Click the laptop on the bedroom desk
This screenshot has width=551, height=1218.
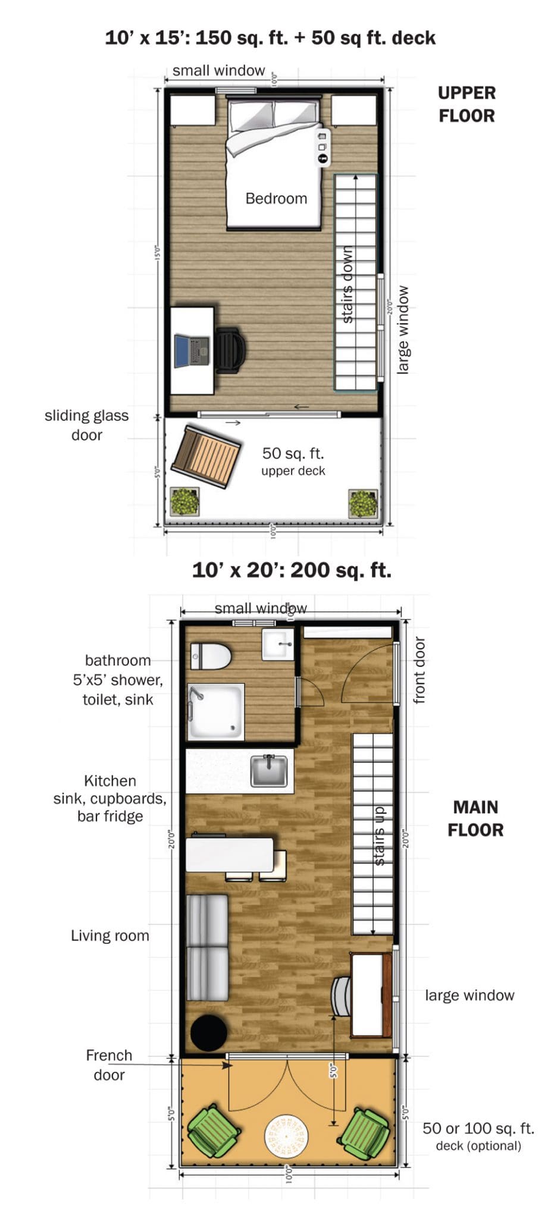pos(192,351)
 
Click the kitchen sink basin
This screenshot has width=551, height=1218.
pos(269,771)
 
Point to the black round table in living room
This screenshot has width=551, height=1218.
pos(208,1033)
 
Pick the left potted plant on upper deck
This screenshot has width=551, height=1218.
pos(184,501)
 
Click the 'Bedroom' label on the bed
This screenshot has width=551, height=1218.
pos(276,199)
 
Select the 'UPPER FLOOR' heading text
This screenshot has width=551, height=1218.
pos(467,104)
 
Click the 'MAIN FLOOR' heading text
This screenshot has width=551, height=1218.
pos(475,818)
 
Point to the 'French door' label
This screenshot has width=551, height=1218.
pos(109,1065)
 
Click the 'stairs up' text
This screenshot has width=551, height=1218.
pos(379,836)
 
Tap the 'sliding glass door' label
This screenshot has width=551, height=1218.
pos(87,425)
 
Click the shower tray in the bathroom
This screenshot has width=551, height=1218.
pos(216,711)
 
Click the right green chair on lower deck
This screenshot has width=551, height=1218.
pos(365,1132)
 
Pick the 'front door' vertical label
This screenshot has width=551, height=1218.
pos(419,670)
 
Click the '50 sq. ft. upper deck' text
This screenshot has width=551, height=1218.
pos(293,461)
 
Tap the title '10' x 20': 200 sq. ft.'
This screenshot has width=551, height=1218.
pos(292,570)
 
